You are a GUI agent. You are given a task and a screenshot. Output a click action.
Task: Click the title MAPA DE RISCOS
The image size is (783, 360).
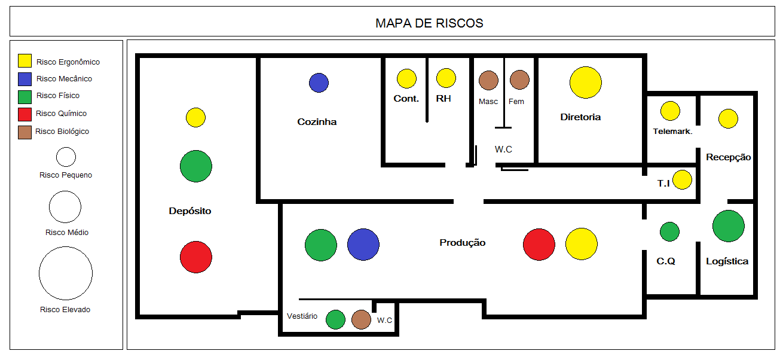tap(429, 23)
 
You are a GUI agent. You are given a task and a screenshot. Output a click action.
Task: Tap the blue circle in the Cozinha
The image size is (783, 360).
tap(319, 83)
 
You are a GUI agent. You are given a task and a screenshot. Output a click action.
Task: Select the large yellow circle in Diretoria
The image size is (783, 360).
tap(585, 83)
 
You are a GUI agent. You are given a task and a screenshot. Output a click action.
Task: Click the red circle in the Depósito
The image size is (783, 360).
tap(196, 258)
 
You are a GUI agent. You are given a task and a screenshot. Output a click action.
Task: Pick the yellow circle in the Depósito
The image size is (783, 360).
tap(195, 117)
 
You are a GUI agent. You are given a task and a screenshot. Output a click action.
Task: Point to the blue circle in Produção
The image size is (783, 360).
tap(363, 245)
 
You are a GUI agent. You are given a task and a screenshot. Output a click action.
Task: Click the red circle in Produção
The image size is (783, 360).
tap(539, 245)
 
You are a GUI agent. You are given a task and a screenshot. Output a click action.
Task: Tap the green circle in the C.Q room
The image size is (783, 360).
tap(669, 231)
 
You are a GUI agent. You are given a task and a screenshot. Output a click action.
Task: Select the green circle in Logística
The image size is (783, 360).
tap(728, 226)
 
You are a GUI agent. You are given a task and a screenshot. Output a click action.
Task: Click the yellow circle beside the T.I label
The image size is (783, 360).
tap(682, 180)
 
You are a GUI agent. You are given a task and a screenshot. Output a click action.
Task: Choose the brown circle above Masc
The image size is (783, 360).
tap(488, 80)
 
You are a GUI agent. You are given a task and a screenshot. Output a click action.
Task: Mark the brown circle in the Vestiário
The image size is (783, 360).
tap(361, 320)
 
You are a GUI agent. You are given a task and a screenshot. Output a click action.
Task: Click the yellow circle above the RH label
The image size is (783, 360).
tap(446, 78)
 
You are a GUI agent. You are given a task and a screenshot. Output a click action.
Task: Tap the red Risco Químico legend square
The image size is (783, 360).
tap(25, 114)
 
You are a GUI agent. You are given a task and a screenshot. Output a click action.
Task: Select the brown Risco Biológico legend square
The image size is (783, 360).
tap(25, 132)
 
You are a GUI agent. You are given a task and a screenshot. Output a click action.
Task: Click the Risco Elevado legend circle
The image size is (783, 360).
tap(66, 273)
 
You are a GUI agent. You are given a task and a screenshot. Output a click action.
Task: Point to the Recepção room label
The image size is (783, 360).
tap(728, 157)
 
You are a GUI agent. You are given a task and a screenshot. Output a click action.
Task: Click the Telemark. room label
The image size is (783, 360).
tap(672, 132)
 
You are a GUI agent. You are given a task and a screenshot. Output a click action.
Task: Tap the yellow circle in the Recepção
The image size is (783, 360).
tap(728, 119)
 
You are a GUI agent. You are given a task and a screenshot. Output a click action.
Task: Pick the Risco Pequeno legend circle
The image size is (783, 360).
tap(66, 157)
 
